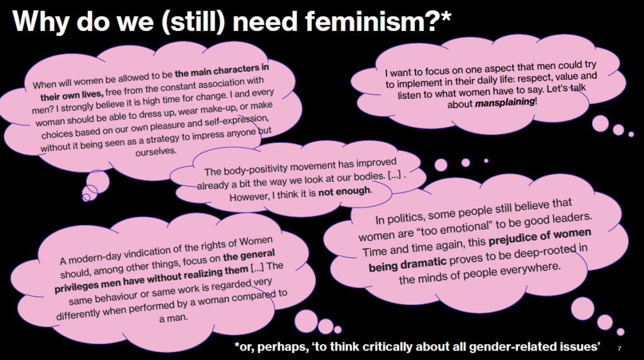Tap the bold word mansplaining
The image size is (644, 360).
click(505, 102)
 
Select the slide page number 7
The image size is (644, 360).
click(619, 349)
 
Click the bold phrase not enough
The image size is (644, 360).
click(344, 192)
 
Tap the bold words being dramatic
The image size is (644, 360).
click(407, 264)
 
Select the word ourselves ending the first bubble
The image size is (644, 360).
click(156, 151)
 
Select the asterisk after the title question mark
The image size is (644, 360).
click(446, 16)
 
